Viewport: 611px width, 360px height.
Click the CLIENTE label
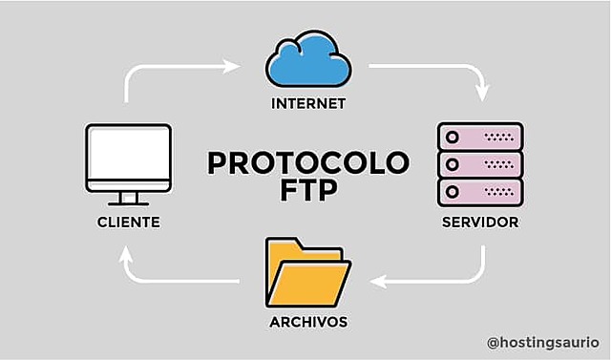[x=128, y=222]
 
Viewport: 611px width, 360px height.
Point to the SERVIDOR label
[x=480, y=222]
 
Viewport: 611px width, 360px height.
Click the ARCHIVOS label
[x=307, y=322]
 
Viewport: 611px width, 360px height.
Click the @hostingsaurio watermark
[x=541, y=341]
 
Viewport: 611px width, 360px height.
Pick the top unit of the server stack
[x=480, y=137]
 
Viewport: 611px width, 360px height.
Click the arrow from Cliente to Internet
[x=172, y=68]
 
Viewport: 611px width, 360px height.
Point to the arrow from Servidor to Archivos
[x=439, y=281]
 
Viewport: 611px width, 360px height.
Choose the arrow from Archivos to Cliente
[x=172, y=281]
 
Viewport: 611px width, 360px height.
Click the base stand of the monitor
[x=128, y=201]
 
